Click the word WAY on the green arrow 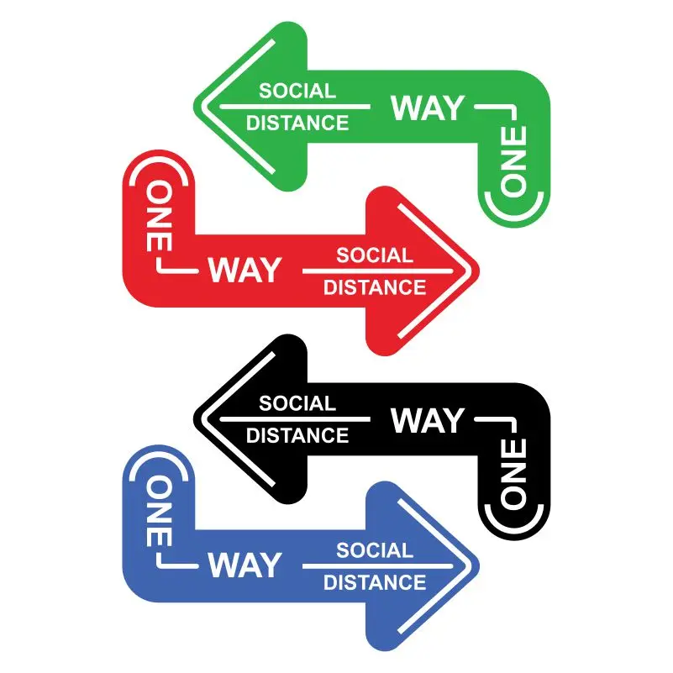pyautogui.click(x=427, y=108)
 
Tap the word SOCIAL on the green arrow pyautogui.click(x=297, y=91)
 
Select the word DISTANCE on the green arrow pyautogui.click(x=297, y=124)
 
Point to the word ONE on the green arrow pyautogui.click(x=513, y=160)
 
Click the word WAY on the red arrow pyautogui.click(x=244, y=270)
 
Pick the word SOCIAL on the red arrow pyautogui.click(x=375, y=255)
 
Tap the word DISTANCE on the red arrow pyautogui.click(x=375, y=287)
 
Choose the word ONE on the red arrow pyautogui.click(x=160, y=216)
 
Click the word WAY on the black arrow pyautogui.click(x=427, y=420)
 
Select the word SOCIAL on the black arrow pyautogui.click(x=297, y=403)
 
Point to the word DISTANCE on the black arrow pyautogui.click(x=297, y=436)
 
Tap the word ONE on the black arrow pyautogui.click(x=513, y=473)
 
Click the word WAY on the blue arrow pyautogui.click(x=244, y=565)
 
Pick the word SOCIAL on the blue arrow pyautogui.click(x=375, y=550)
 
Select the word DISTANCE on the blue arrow pyautogui.click(x=375, y=582)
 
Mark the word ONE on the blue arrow pyautogui.click(x=160, y=511)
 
